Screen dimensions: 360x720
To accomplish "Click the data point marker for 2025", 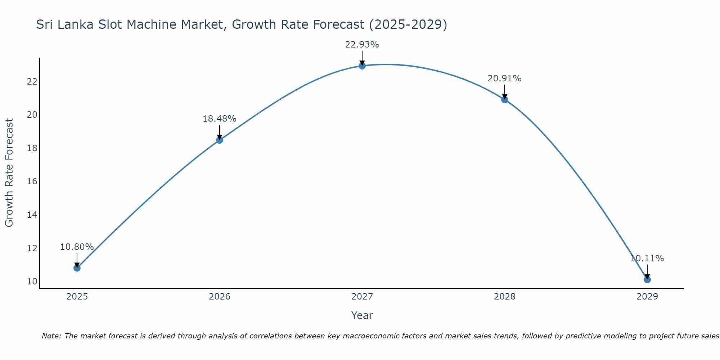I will point(77,268).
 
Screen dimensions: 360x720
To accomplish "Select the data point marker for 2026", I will point(220,140).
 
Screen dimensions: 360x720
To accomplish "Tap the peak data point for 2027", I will point(362,66).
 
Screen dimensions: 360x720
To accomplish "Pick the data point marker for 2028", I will point(505,100).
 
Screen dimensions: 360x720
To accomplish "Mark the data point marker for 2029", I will point(647,279).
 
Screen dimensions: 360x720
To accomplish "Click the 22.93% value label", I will point(362,45).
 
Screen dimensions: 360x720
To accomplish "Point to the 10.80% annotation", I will point(77,247).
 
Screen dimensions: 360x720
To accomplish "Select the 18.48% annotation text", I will point(219,119).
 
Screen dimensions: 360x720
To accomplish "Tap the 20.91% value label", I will point(504,78).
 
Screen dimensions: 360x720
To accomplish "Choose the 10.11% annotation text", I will point(647,258).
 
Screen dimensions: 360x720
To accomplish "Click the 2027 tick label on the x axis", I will point(362,297).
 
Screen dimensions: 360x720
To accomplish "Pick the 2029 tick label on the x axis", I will point(647,297).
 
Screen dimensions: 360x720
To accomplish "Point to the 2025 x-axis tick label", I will point(77,297).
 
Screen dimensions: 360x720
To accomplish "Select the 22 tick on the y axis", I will point(32,82).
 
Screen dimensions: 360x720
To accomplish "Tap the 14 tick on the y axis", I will point(32,215).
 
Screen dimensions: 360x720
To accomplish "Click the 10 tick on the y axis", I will point(32,282).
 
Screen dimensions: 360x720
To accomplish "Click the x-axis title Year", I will point(362,315).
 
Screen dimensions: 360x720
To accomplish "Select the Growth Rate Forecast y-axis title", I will point(9,173).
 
